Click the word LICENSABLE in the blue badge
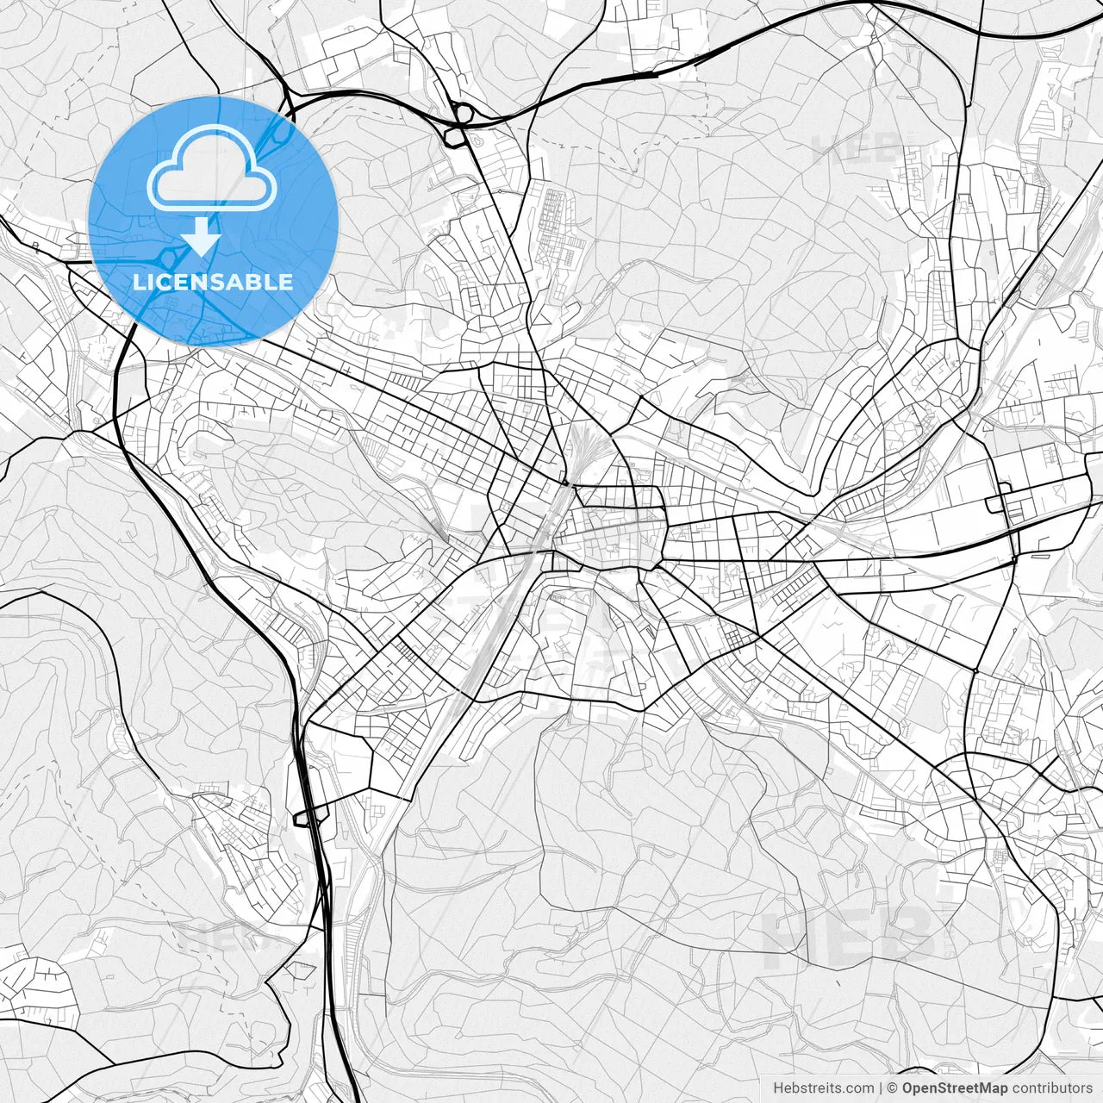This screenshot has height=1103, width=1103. click(213, 282)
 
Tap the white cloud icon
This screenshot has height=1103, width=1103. click(212, 168)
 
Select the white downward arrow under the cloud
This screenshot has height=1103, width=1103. click(202, 236)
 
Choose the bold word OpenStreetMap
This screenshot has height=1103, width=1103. click(954, 1088)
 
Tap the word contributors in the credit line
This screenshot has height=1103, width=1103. click(1051, 1088)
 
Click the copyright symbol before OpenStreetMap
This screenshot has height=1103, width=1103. click(893, 1088)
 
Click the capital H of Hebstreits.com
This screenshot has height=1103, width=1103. click(778, 1088)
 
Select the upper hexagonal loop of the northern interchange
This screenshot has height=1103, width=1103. click(464, 111)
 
